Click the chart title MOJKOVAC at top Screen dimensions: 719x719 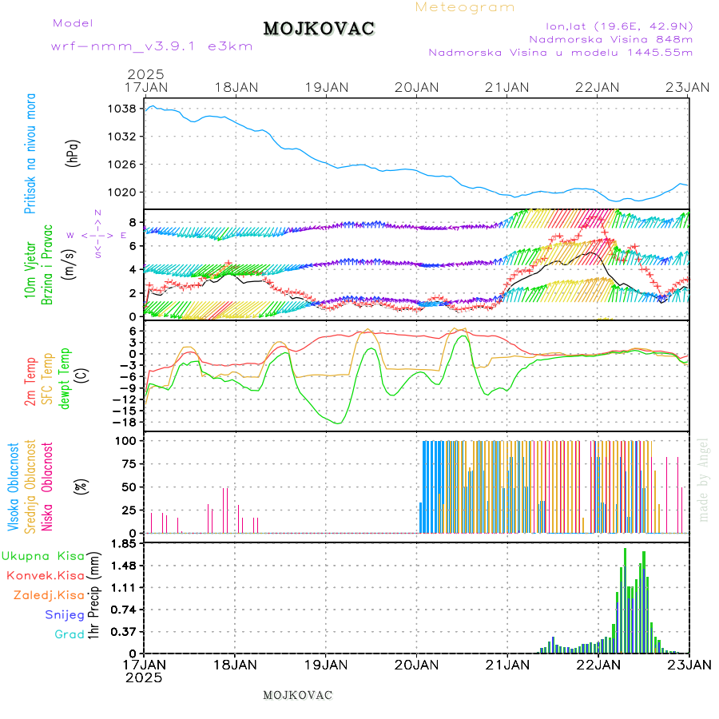pyautogui.click(x=319, y=29)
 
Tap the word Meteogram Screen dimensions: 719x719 pyautogui.click(x=465, y=7)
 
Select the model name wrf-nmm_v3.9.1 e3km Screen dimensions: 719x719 pyautogui.click(x=152, y=46)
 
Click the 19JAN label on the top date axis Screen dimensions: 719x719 pyautogui.click(x=326, y=86)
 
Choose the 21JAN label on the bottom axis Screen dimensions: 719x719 pyautogui.click(x=507, y=664)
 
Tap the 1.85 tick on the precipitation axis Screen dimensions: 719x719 pyautogui.click(x=125, y=544)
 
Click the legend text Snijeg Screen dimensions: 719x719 pyautogui.click(x=65, y=614)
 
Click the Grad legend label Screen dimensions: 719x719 pyautogui.click(x=70, y=634)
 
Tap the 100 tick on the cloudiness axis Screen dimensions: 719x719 pyautogui.click(x=129, y=440)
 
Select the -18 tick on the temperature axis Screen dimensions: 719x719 pyautogui.click(x=128, y=422)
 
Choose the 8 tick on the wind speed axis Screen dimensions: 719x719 pyautogui.click(x=136, y=222)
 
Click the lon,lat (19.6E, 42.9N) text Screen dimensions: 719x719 pyautogui.click(x=618, y=25)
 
